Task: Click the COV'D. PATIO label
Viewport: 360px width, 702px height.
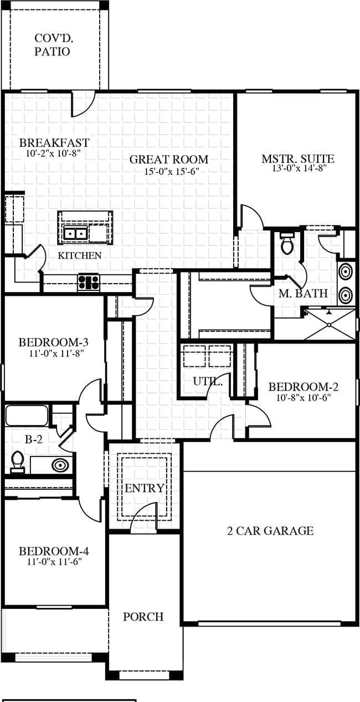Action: tap(52, 45)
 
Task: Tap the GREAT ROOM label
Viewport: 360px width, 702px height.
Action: tap(169, 160)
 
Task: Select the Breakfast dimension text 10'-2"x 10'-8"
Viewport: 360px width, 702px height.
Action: tap(54, 153)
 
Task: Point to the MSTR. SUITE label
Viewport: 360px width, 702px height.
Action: tap(298, 158)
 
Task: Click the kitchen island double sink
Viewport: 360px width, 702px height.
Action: tap(75, 233)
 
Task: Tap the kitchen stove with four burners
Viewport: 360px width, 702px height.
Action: tap(89, 283)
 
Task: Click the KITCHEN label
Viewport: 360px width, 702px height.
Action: tap(80, 255)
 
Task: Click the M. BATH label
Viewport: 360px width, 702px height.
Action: tap(303, 293)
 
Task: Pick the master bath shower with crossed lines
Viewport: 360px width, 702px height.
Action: tap(330, 324)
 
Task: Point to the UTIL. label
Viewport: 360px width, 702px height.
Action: tap(208, 381)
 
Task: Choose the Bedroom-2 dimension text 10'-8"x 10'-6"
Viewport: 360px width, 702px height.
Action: tap(304, 398)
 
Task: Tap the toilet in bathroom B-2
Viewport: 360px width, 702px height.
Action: tap(18, 462)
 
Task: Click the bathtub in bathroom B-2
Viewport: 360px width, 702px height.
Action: tap(27, 415)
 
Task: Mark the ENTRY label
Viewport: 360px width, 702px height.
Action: tap(145, 488)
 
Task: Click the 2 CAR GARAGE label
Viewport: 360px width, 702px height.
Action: tap(270, 531)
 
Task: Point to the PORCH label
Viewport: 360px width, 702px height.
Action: tap(143, 617)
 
